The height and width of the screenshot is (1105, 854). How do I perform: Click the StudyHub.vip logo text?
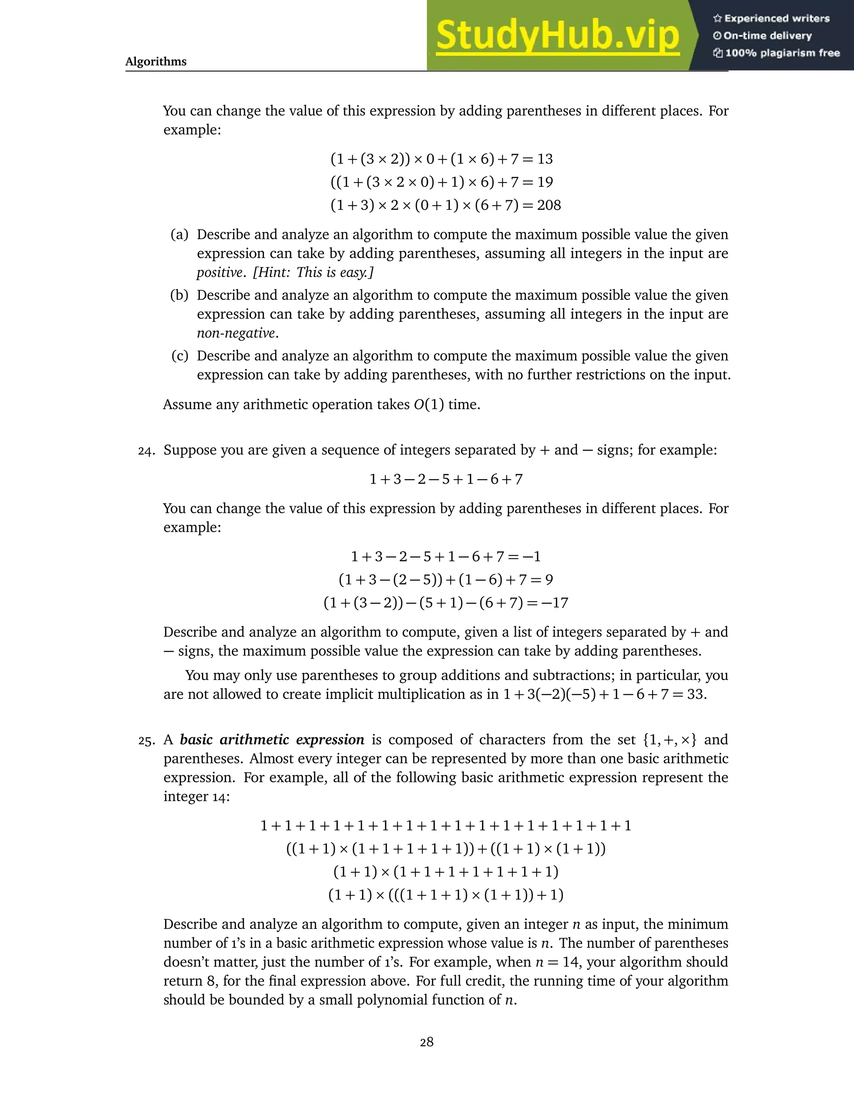pyautogui.click(x=558, y=35)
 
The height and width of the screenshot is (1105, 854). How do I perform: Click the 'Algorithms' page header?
pyautogui.click(x=156, y=62)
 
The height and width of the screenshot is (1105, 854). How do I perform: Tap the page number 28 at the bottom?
pyautogui.click(x=427, y=1042)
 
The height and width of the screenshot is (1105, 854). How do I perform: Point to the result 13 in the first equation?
pyautogui.click(x=545, y=159)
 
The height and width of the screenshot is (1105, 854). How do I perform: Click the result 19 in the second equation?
pyautogui.click(x=545, y=182)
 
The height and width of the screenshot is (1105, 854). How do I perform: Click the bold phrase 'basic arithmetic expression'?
pyautogui.click(x=272, y=740)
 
